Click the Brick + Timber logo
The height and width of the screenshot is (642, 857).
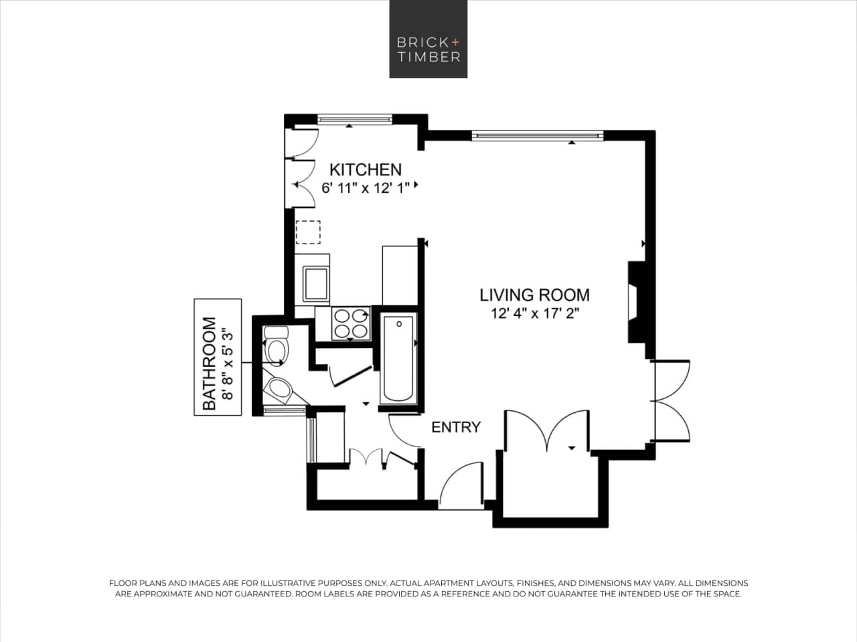pos(428,39)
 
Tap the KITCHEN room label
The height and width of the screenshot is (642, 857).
pos(365,169)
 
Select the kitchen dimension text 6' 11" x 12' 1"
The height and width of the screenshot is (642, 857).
pos(365,188)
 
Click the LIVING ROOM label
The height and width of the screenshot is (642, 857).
pos(534,295)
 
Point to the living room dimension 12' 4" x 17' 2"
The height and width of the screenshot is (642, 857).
pos(534,313)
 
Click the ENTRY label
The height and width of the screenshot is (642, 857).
pos(455,427)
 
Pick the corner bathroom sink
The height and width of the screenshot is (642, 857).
pos(279,389)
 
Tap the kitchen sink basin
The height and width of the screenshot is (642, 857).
pos(315,284)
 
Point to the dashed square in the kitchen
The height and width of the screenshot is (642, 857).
pos(308,232)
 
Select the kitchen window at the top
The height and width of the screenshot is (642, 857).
pos(354,119)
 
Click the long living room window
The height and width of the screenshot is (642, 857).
pos(538,136)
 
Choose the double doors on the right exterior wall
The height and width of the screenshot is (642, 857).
pos(672,401)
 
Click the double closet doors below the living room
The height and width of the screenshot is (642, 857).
pos(547,431)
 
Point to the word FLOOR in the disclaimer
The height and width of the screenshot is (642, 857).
pos(123,583)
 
